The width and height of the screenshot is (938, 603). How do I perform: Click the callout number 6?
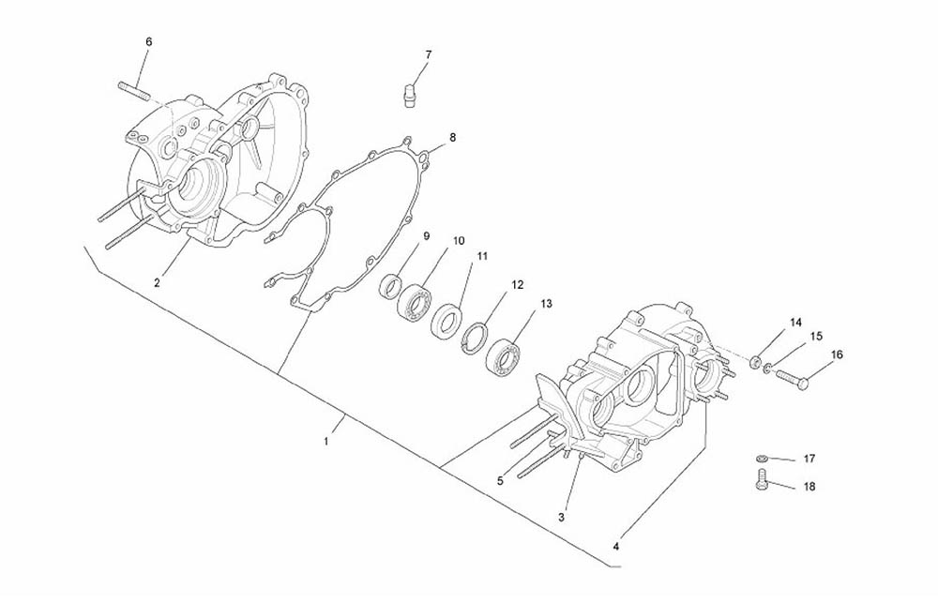[x=149, y=42]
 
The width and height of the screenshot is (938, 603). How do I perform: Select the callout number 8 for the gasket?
[x=452, y=137]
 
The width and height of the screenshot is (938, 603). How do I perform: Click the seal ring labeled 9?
[x=391, y=285]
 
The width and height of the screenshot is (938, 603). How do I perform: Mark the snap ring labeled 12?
[x=477, y=339]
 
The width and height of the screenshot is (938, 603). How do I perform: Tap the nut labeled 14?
[x=756, y=362]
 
